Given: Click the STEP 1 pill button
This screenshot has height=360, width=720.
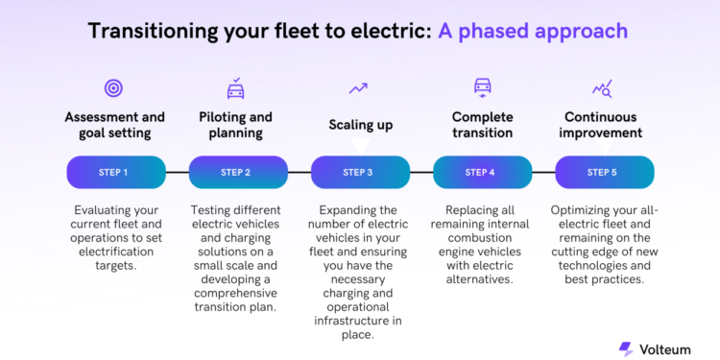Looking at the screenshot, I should point(113,173).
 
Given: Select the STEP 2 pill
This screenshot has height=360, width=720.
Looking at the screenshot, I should point(235,173).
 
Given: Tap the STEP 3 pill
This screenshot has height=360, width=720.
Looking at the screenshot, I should point(358,173).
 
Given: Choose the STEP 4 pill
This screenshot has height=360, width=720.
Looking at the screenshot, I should point(480,173).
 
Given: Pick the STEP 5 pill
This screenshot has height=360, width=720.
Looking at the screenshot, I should point(602,173).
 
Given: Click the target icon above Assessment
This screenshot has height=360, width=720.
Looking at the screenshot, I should point(113,89).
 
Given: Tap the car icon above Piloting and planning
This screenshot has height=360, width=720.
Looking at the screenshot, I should point(235,89).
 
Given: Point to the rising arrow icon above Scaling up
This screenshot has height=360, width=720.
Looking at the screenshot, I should point(358,88).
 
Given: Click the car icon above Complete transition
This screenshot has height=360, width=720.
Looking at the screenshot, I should point(482,88).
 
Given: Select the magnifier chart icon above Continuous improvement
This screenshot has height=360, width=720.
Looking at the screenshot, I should point(602,89).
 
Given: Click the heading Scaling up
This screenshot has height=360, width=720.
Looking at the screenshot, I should point(360,125).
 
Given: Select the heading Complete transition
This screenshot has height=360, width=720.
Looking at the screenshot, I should point(482,125).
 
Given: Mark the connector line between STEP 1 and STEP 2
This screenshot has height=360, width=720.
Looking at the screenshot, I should point(175,173).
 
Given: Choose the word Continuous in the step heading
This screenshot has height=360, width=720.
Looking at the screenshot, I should point(602,117).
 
